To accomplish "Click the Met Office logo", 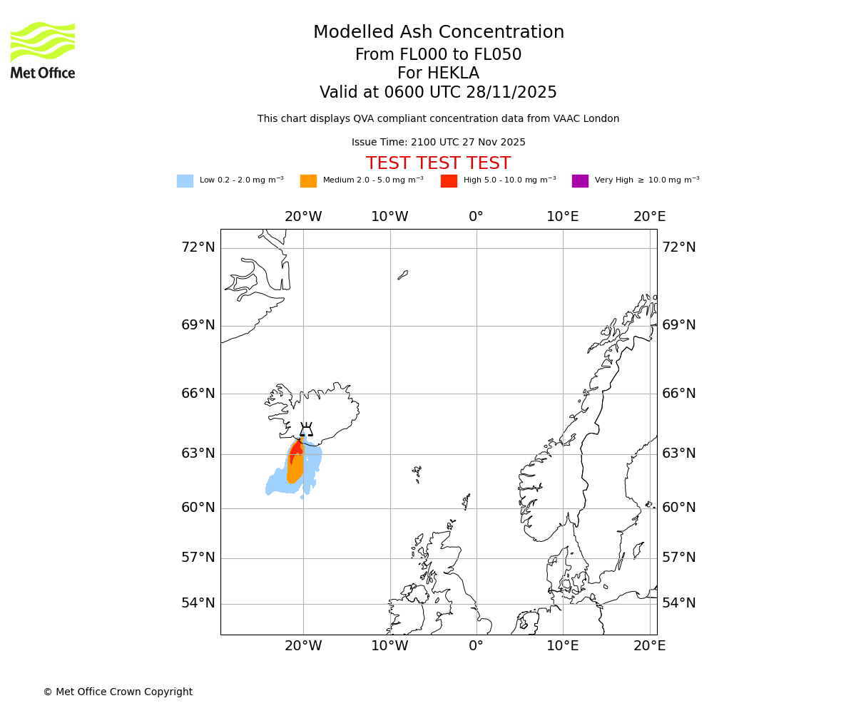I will coord(43,50).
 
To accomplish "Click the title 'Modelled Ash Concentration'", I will coord(438,33).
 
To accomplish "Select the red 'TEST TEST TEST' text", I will coord(438,164).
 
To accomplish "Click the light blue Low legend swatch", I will coord(185,181).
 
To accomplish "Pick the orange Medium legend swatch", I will coord(308,181).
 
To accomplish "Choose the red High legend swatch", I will coord(449,181).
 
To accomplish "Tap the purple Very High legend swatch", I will coord(580,181).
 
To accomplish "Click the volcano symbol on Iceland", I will coord(306,430).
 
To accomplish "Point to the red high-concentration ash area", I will coord(296,448).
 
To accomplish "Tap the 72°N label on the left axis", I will coord(198,247).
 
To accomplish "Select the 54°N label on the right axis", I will coord(678,603).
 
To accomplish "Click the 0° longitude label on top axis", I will coord(476,217).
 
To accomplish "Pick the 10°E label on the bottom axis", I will coord(562,646).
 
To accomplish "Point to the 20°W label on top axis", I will coord(303,217).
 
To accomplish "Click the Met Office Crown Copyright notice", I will coord(118,692).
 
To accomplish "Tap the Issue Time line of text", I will coord(438,143).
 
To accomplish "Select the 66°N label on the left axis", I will coord(198,394).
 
